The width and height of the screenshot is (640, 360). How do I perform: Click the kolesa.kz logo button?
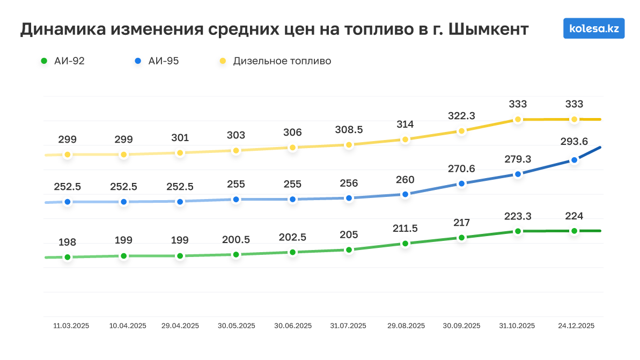[594, 28]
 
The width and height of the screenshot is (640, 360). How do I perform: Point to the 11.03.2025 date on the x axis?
[71, 326]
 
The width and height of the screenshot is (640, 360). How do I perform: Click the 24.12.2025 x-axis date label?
[576, 326]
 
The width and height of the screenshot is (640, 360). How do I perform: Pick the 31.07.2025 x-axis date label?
[348, 326]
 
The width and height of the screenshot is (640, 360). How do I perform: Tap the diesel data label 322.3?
[461, 116]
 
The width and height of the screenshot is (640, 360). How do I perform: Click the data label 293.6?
[574, 142]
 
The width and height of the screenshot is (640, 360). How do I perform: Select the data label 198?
[67, 243]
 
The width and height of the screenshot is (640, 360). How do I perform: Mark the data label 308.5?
[349, 130]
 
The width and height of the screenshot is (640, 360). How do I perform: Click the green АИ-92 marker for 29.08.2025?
[405, 244]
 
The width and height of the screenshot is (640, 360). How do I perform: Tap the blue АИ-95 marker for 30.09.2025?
[461, 183]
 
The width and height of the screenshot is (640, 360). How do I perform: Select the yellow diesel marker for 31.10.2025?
[518, 119]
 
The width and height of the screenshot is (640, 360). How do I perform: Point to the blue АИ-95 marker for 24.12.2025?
[574, 160]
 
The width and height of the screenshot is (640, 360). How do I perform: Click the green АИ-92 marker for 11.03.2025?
[67, 257]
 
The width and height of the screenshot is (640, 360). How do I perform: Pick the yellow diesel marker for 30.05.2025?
[236, 151]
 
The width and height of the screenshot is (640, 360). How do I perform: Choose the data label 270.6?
[461, 169]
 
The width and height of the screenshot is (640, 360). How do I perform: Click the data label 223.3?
[518, 217]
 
